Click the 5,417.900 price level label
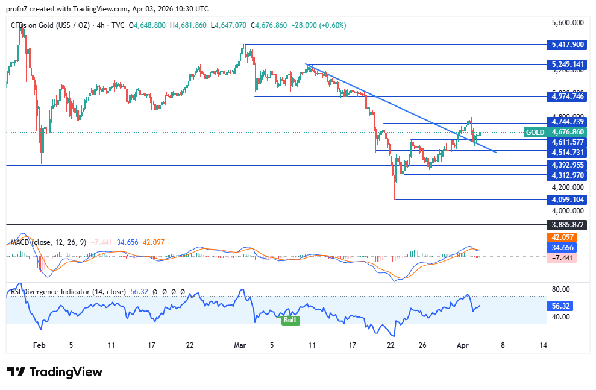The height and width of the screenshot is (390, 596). [x=568, y=45]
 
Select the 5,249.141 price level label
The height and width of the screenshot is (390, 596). [x=568, y=64]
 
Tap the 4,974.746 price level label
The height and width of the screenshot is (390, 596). [x=568, y=96]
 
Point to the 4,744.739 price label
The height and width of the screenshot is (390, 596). [x=568, y=122]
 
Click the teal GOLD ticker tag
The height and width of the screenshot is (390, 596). [x=535, y=132]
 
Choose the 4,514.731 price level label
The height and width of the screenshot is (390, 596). [x=568, y=153]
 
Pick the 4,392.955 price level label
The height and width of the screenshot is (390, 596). [x=568, y=165]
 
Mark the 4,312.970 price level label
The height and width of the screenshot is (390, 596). [x=568, y=175]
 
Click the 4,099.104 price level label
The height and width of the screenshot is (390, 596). [x=568, y=200]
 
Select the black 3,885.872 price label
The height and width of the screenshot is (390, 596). [x=568, y=225]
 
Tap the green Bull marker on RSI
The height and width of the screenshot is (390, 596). [x=290, y=320]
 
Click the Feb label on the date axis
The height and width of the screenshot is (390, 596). [x=39, y=346]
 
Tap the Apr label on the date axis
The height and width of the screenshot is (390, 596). [x=462, y=346]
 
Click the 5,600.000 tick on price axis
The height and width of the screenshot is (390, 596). [x=568, y=23]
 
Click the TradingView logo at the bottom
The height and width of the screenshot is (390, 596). [x=55, y=372]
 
